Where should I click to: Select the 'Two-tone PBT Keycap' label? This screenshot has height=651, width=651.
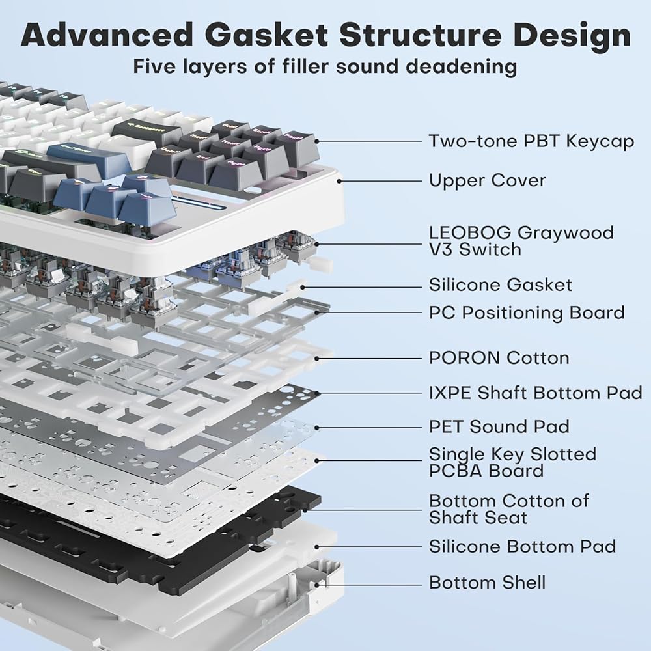coord(531,141)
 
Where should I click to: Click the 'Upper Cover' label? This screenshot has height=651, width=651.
coord(488,180)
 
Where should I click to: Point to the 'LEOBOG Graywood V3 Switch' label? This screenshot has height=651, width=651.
coord(521,242)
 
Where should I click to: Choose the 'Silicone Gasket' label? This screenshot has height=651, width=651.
coord(500,285)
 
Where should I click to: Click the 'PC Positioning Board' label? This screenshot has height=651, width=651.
coord(527,313)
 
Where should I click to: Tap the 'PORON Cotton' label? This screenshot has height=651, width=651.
coord(499,358)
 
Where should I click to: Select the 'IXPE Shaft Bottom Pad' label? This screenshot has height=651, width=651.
coord(536,393)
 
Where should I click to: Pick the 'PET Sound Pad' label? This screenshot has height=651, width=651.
coord(499,427)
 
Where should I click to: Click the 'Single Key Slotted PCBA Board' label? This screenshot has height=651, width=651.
coord(512,462)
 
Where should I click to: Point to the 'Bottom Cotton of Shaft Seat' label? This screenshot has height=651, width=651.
coord(508,509)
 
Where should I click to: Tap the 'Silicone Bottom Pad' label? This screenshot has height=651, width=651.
coord(522,546)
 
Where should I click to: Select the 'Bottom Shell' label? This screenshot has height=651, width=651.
coord(487,583)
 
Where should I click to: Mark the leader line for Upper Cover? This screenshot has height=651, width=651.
coord(381,181)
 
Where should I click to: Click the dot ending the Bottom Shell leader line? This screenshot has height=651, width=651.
coord(317,585)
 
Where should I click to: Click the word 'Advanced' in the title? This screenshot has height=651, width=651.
coord(107,35)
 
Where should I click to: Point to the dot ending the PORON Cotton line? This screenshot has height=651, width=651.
coord(317,358)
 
